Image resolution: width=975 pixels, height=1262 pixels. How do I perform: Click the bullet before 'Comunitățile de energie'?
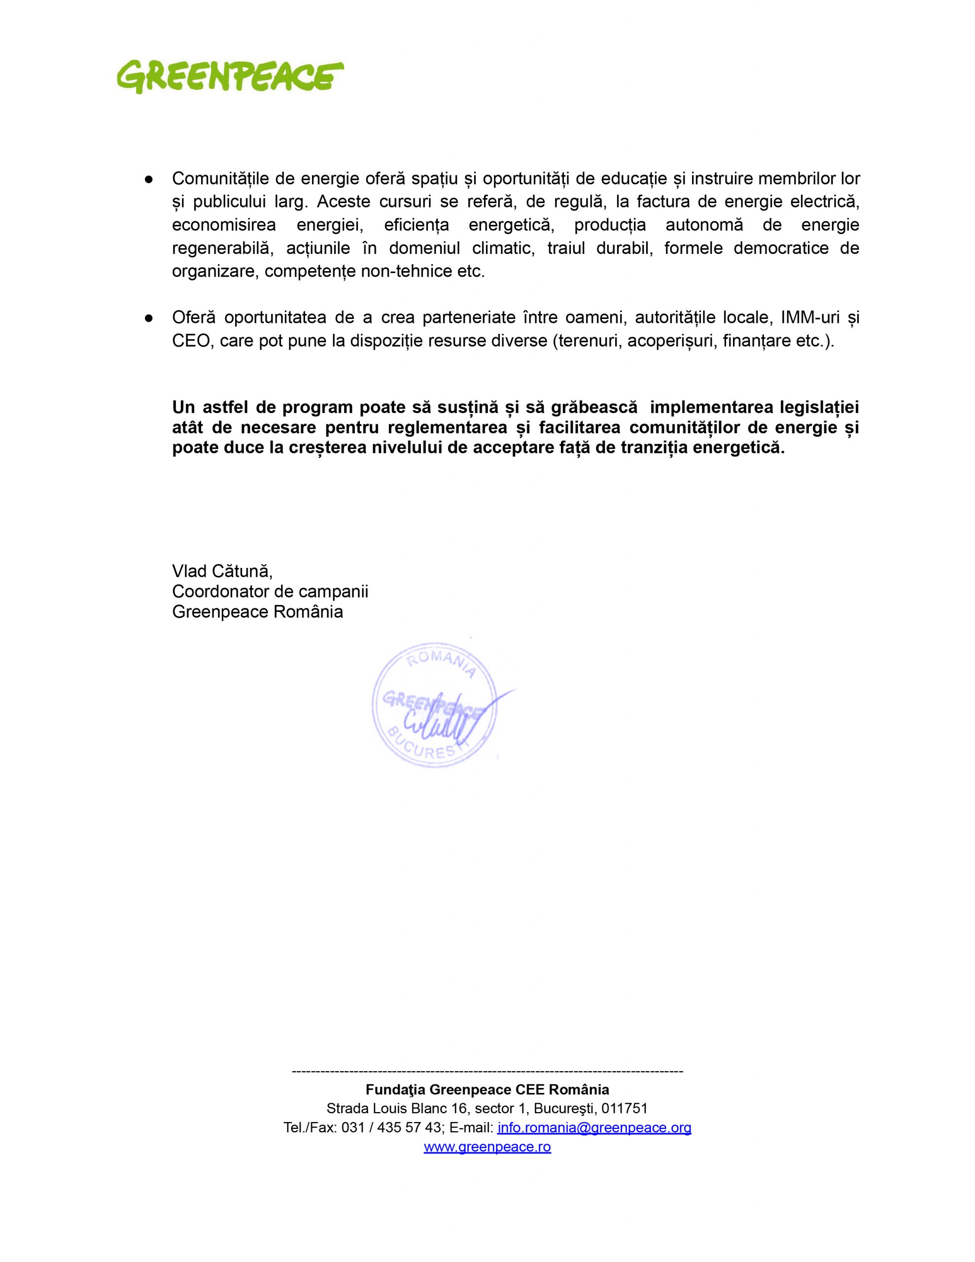[148, 179]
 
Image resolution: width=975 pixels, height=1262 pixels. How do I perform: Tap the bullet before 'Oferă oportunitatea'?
[148, 318]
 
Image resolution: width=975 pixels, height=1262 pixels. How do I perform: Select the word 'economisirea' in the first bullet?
[224, 225]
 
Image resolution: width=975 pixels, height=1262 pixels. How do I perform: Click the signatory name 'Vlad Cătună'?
[221, 571]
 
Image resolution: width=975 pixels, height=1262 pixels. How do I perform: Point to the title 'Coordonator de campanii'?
[270, 592]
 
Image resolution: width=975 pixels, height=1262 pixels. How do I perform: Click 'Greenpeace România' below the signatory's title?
[257, 612]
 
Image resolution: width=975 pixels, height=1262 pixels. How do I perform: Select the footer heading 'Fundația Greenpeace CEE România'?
[487, 1090]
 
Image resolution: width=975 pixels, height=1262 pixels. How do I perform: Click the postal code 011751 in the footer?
[624, 1109]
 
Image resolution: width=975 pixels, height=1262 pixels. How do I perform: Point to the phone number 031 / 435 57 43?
[391, 1128]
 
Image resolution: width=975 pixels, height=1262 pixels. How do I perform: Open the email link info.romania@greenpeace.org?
[594, 1128]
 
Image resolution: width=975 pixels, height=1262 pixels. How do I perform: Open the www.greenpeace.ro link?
[487, 1147]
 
